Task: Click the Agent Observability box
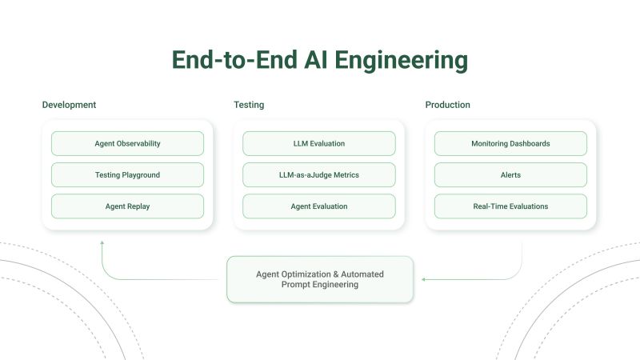click(x=127, y=143)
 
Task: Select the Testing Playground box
click(x=127, y=174)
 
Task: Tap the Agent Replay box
click(x=127, y=206)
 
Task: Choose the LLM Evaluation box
click(x=318, y=143)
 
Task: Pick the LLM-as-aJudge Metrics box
click(x=318, y=174)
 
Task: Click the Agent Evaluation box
click(x=318, y=206)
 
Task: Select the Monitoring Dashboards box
click(x=510, y=143)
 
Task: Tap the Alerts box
click(x=510, y=174)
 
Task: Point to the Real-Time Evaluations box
click(x=510, y=206)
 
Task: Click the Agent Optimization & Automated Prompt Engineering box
click(x=319, y=279)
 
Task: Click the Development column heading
click(x=69, y=105)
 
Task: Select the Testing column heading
click(x=249, y=105)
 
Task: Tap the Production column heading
click(x=447, y=105)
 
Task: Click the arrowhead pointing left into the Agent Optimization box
click(x=424, y=279)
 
